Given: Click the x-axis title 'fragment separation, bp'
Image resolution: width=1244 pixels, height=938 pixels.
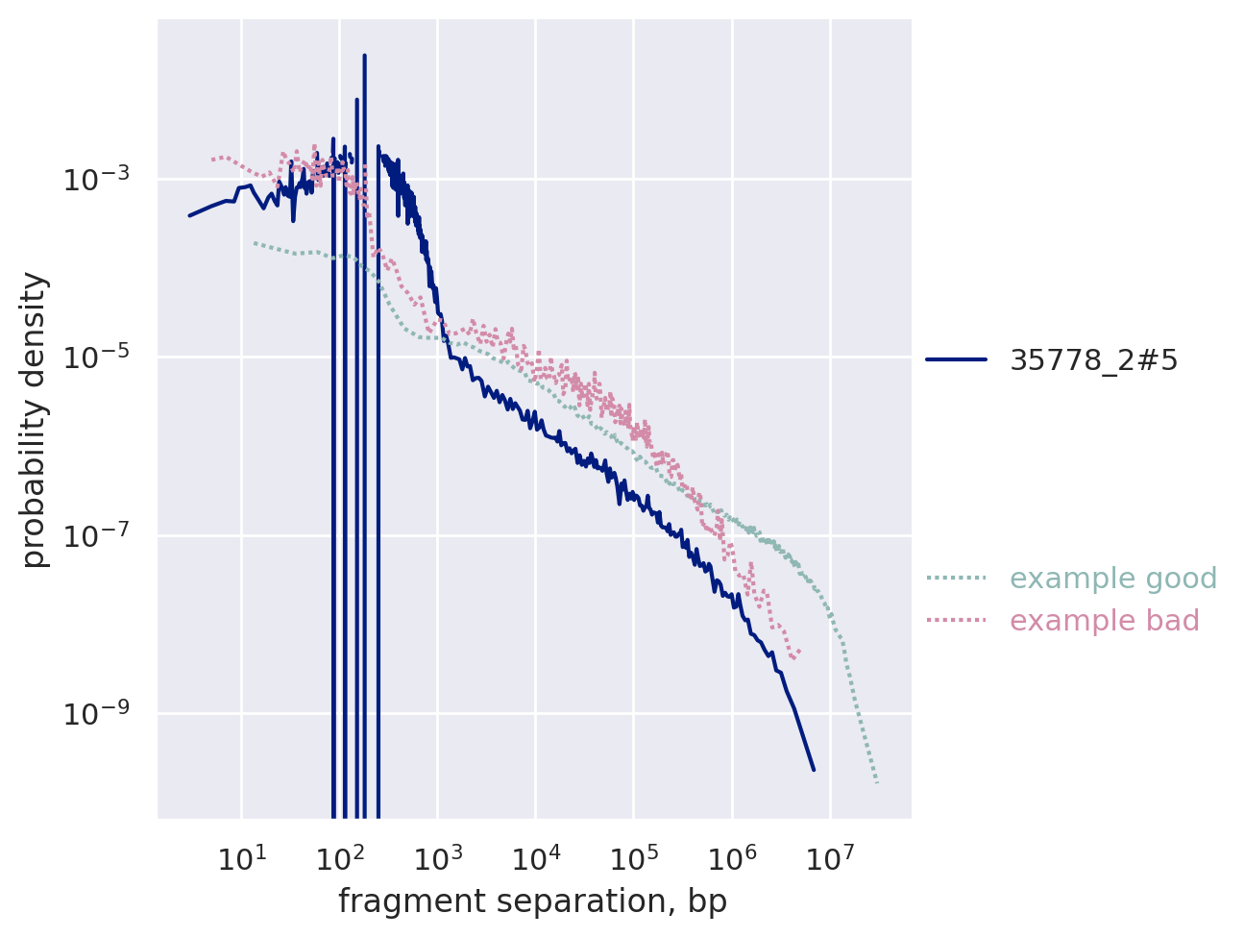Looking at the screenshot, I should tap(532, 901).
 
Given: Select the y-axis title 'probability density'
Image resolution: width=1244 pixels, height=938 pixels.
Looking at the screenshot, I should tap(36, 420).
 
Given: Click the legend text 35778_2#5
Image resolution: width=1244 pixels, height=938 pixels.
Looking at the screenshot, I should tap(1093, 359).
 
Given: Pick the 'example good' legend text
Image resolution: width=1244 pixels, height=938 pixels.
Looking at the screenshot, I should tap(1100, 579).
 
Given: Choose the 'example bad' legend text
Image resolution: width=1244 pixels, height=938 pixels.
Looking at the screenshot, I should tap(1105, 621).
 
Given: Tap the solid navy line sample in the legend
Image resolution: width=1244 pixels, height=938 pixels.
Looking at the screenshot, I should tap(956, 359).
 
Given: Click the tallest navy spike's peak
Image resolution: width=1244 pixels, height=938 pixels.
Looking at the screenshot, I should tap(365, 56).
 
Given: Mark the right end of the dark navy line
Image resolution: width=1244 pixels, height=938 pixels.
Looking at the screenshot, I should tap(814, 769).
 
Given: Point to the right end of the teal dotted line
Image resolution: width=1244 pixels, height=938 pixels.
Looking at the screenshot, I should tap(877, 782).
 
